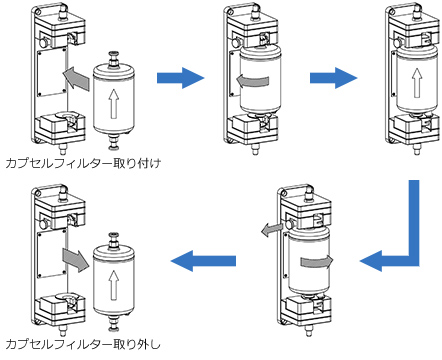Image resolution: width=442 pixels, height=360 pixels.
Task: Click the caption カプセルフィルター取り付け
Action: point(83,163)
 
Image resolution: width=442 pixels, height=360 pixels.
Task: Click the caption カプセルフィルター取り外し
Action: point(83,344)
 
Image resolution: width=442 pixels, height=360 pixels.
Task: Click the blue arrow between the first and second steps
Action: point(180,78)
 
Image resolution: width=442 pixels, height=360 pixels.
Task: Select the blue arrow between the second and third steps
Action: point(333,78)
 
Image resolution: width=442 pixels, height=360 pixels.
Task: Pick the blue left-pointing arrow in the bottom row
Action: point(203,261)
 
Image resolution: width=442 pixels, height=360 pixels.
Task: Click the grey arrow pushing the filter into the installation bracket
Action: point(76,78)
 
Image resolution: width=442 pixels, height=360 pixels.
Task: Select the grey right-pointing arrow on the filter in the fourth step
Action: point(317,262)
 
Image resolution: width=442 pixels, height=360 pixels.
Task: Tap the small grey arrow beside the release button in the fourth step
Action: point(272,229)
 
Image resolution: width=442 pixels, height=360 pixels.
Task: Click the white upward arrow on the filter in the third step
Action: point(416,83)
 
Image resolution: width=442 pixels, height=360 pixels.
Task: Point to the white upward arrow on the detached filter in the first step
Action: point(114,103)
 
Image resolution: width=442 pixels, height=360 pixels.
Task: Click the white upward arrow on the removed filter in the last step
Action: point(114,284)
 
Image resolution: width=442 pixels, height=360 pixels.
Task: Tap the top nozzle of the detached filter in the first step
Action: point(114,60)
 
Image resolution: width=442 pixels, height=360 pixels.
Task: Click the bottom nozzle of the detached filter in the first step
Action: point(114,142)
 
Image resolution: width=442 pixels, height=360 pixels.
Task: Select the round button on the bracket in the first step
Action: point(43,42)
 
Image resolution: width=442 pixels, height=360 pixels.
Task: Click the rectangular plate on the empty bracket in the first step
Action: point(52,72)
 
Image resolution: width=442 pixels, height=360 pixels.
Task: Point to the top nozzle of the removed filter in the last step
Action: point(114,241)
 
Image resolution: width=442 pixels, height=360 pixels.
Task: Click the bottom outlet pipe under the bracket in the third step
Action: point(416,149)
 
